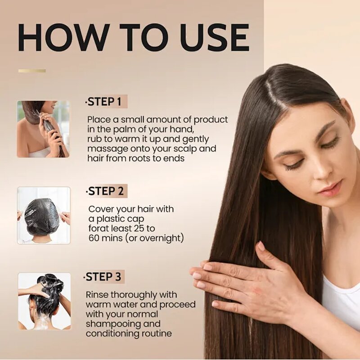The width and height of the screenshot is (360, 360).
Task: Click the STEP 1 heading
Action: pyautogui.click(x=104, y=102)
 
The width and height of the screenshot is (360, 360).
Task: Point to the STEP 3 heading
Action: pyautogui.click(x=104, y=277)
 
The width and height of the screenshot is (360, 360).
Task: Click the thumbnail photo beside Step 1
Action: pyautogui.click(x=43, y=129)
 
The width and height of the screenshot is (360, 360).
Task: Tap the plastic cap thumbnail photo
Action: pyautogui.click(x=44, y=215)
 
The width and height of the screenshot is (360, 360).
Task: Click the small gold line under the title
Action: pyautogui.click(x=32, y=71)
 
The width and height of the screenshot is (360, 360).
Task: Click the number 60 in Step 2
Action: pyautogui.click(x=94, y=238)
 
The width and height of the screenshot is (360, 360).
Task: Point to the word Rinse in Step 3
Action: pyautogui.click(x=98, y=295)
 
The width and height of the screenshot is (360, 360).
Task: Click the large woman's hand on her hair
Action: pyautogui.click(x=243, y=281)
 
